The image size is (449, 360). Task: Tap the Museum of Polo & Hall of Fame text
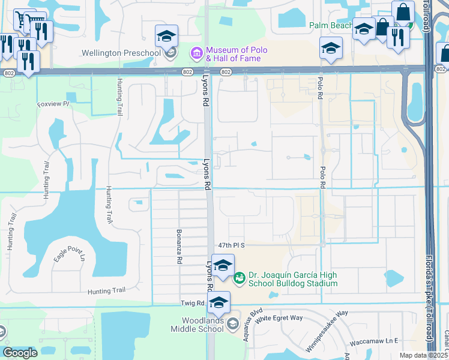[236, 54]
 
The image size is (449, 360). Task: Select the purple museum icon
[196, 54]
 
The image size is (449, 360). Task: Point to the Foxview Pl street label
[54, 104]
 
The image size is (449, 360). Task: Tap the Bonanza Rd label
[179, 246]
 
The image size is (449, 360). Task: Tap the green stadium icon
[239, 277]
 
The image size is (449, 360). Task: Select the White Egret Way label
[279, 319]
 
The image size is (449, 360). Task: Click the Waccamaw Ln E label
[376, 341]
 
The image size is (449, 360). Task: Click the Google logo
[20, 353]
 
